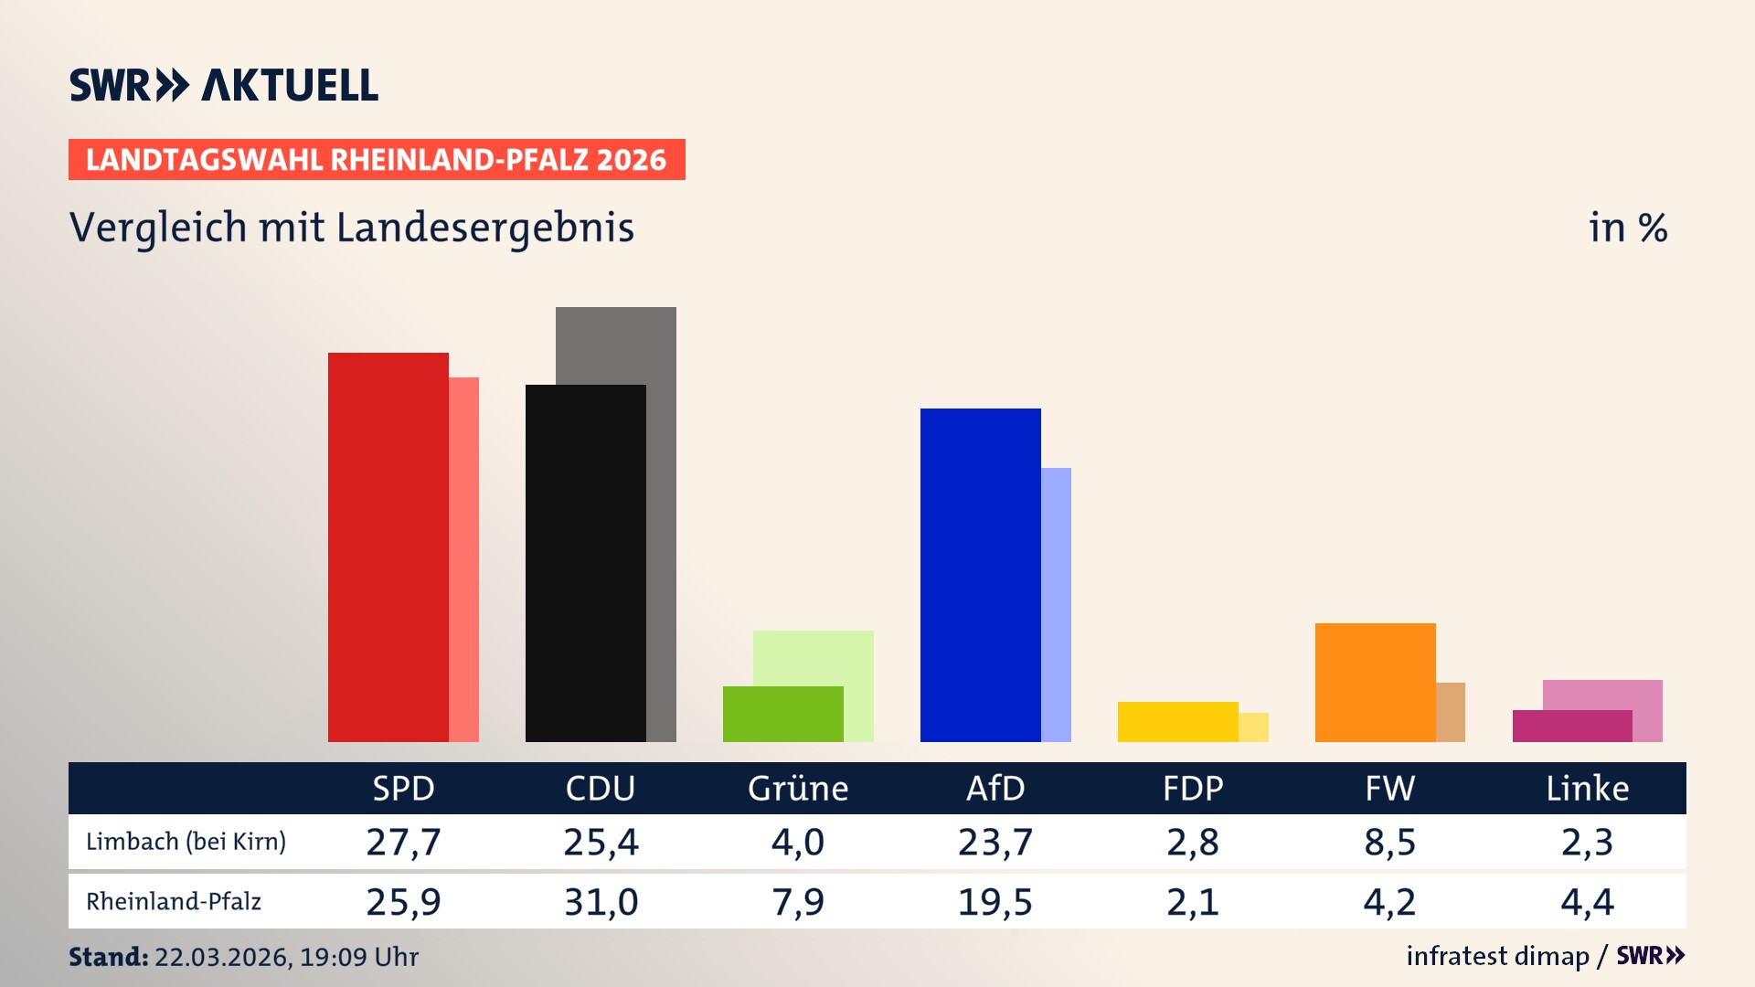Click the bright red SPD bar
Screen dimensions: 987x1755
(x=388, y=548)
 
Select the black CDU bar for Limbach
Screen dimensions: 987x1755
(x=586, y=564)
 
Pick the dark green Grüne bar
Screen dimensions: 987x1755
(x=783, y=715)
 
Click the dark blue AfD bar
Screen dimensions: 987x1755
(x=981, y=576)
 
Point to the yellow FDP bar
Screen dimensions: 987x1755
(x=1178, y=722)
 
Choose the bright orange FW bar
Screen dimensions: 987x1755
(x=1376, y=683)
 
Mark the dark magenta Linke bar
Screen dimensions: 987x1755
(x=1572, y=727)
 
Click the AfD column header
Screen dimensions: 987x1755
(x=995, y=788)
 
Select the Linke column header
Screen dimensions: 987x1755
(x=1587, y=788)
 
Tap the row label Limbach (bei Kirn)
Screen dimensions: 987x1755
(x=186, y=842)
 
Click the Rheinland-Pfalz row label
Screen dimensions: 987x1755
(x=174, y=902)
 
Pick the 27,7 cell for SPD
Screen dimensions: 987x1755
(x=403, y=842)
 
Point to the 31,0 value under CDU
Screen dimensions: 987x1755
(x=601, y=902)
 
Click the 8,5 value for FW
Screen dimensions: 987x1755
(x=1389, y=842)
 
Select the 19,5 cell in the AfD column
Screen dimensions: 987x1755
(x=994, y=902)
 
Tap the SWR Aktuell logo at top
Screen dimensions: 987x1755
(x=224, y=85)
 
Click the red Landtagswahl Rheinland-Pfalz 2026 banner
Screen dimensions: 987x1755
(x=377, y=160)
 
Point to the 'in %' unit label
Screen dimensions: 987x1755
(x=1627, y=228)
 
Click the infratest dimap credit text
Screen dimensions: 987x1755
(x=1497, y=956)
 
